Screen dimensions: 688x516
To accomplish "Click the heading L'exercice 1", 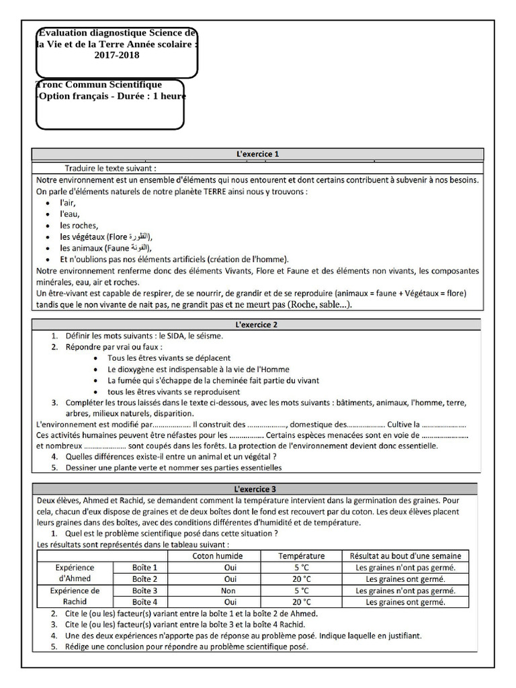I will (x=257, y=154).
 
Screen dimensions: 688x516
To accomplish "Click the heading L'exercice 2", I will (x=257, y=325).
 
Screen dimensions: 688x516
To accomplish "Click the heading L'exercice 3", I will (x=257, y=488).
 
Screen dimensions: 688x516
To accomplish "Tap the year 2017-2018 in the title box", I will (x=118, y=55).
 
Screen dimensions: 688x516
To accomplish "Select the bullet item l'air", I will (x=67, y=202).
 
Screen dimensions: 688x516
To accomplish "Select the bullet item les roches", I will (x=79, y=225).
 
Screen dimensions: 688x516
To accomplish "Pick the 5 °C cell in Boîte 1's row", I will (x=302, y=567).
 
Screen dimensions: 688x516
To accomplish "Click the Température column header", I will (x=302, y=556).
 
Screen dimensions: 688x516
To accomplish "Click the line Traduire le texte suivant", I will (x=111, y=168).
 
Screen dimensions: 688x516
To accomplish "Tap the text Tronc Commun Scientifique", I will (x=99, y=85).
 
